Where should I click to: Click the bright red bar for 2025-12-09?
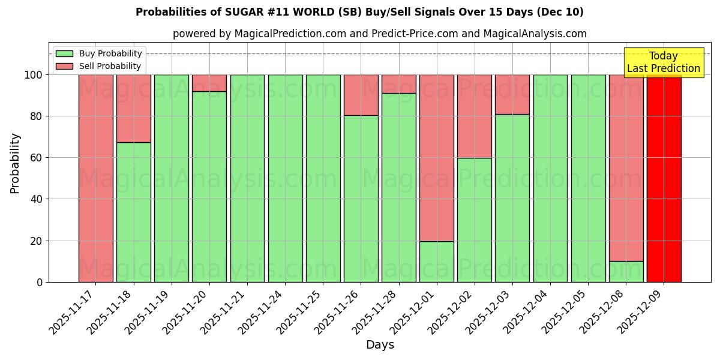point(664,178)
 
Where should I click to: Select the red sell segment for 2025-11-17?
point(95,178)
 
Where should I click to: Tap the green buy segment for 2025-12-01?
point(436,262)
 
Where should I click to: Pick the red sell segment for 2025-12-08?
point(626,168)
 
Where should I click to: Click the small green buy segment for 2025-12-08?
point(626,272)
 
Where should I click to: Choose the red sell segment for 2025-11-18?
point(133,108)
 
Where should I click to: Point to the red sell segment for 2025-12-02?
point(474,116)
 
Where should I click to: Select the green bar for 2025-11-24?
point(285,178)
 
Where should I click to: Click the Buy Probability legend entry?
point(99,53)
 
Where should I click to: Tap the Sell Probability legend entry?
point(99,66)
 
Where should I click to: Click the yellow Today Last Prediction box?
point(663,62)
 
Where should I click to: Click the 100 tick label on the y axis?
point(32,75)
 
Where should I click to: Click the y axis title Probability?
point(15,163)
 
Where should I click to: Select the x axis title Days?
point(380,345)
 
